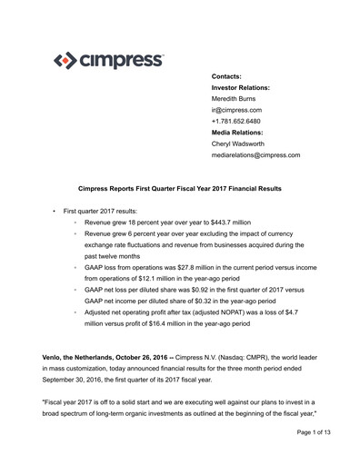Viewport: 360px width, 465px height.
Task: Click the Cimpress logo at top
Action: pyautogui.click(x=109, y=62)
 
